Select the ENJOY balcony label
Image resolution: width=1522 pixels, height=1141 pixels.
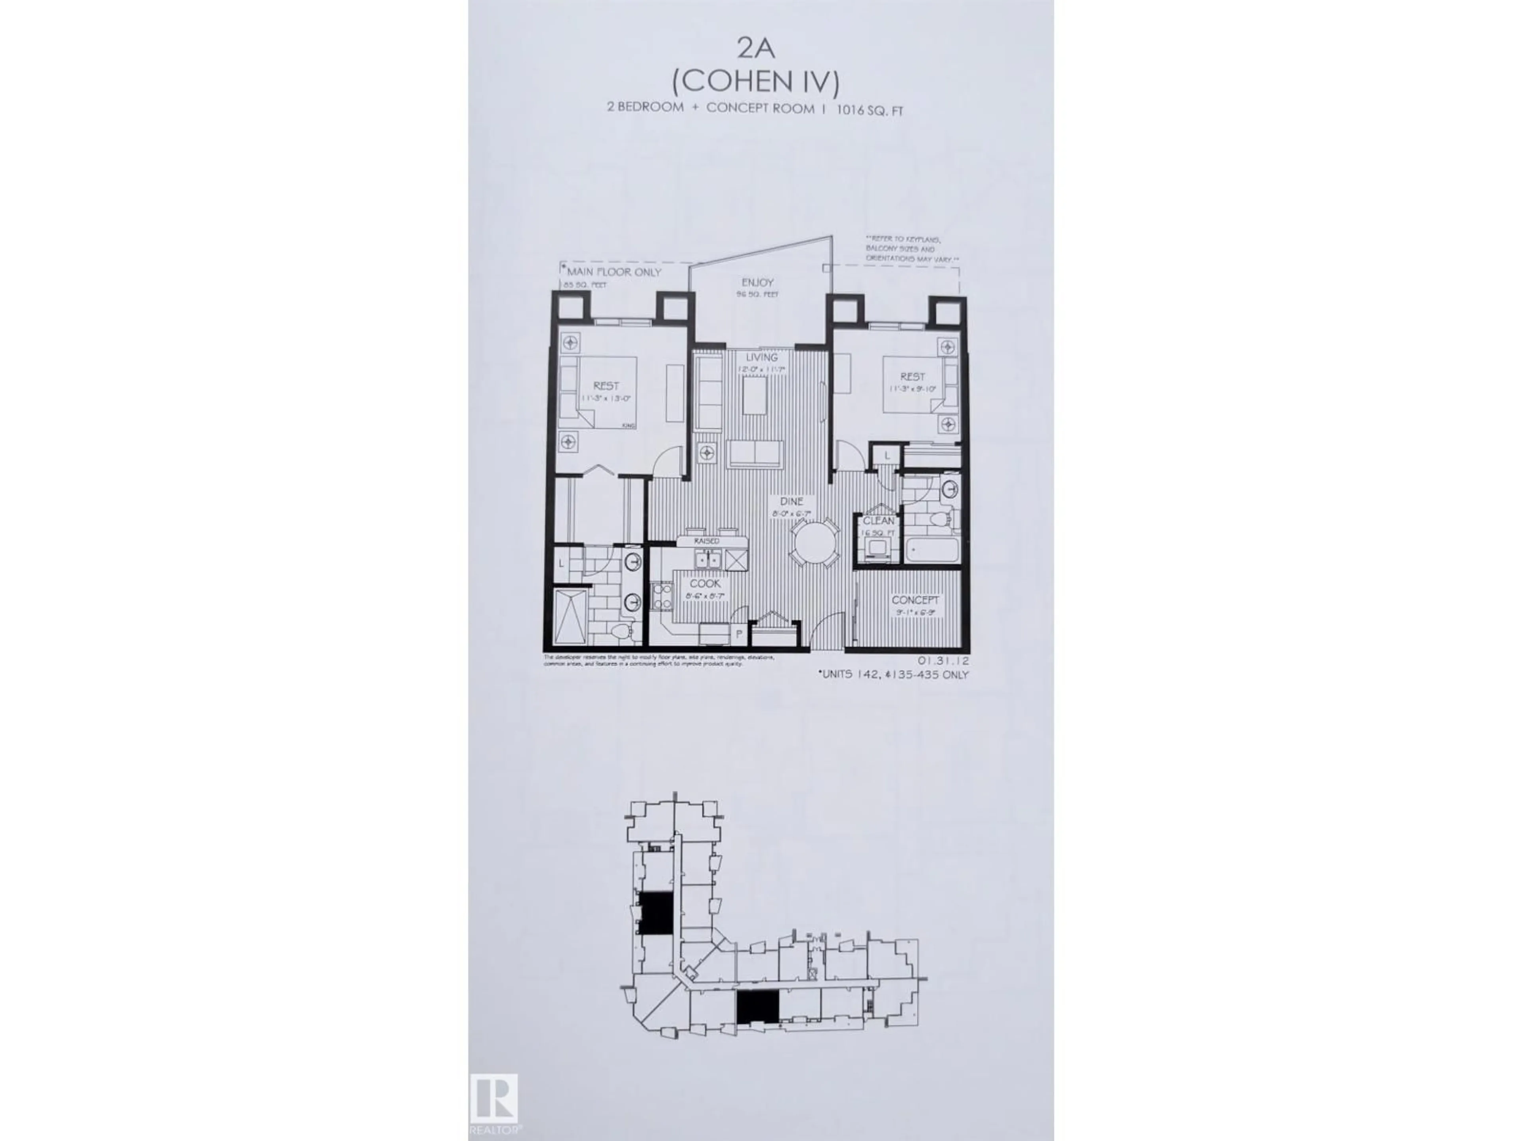(x=757, y=282)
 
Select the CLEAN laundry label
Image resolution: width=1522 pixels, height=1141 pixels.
(x=879, y=521)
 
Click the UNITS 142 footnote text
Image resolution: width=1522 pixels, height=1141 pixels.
(x=893, y=675)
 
